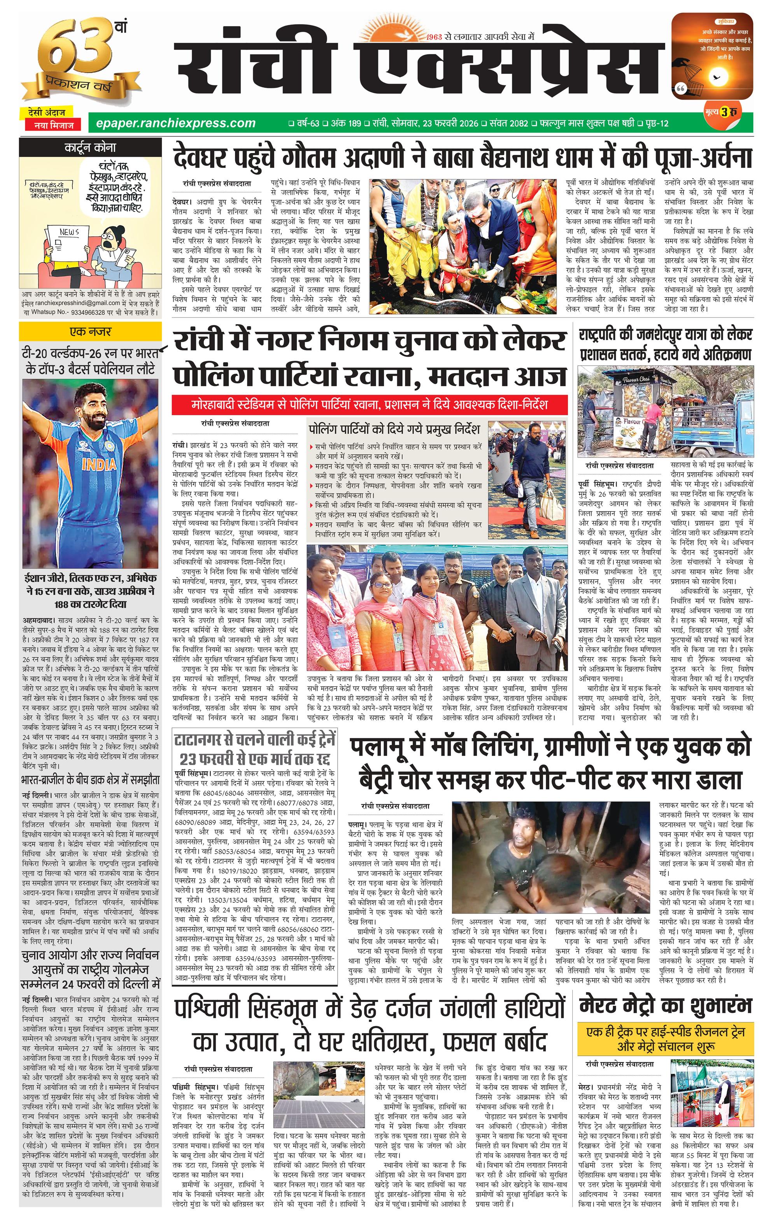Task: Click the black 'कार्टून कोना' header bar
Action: coord(90,148)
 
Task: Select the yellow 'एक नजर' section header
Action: coord(90,332)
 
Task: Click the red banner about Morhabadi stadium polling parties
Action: coord(369,405)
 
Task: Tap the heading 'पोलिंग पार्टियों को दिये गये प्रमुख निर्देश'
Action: coord(394,430)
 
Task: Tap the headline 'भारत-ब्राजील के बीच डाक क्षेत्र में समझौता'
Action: coord(90,779)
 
